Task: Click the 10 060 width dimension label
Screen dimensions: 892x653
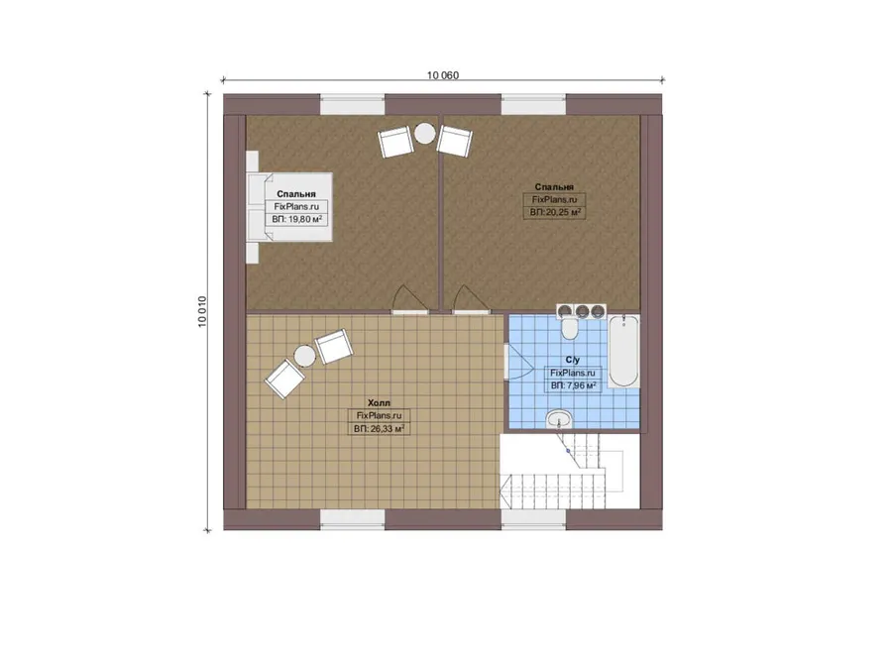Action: click(443, 75)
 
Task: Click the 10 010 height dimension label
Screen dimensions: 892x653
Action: click(202, 312)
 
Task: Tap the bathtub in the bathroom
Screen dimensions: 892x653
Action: click(623, 351)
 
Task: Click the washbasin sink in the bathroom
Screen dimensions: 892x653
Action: click(559, 420)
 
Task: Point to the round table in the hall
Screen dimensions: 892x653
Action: click(304, 356)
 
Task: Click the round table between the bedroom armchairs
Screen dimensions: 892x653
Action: click(424, 133)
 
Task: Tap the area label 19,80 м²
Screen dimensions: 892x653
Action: click(297, 219)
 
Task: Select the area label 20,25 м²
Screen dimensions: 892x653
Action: click(555, 212)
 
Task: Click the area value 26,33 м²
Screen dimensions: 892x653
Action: click(379, 429)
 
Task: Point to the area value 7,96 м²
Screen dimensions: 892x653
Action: click(574, 385)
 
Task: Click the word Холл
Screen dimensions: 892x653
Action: click(379, 402)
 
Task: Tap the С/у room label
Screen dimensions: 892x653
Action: click(573, 360)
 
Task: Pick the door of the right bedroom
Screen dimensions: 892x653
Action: click(471, 300)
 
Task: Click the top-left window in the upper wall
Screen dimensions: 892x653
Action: click(353, 105)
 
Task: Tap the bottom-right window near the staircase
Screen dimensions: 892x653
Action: click(533, 519)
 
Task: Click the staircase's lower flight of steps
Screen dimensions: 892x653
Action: click(552, 490)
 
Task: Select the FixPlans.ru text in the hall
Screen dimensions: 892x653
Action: click(379, 416)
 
